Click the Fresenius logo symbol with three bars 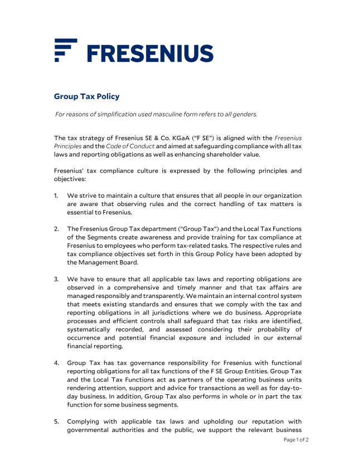point(65,50)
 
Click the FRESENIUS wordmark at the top point(151,53)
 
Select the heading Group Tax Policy point(86,96)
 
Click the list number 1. point(56,195)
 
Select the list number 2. point(56,229)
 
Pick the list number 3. point(56,279)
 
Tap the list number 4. point(56,363)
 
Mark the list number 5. point(56,421)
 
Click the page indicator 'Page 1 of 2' point(296,440)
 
